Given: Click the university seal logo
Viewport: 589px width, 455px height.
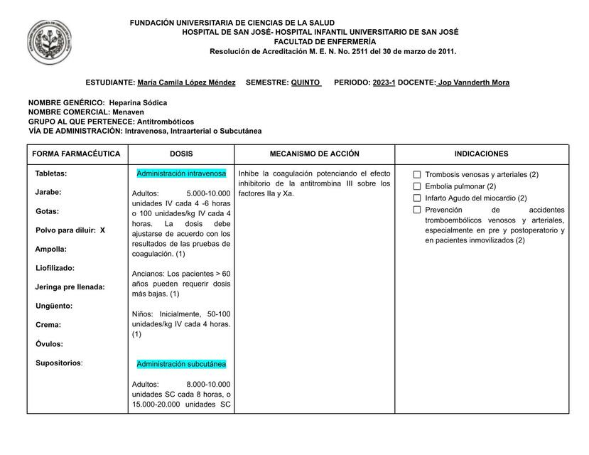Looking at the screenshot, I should tap(49, 43).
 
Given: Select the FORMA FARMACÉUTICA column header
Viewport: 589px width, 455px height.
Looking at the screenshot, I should tap(77, 154).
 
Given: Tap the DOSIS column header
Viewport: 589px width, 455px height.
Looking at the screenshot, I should tap(181, 154).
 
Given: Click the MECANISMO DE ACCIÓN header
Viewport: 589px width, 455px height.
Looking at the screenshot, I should tap(315, 154).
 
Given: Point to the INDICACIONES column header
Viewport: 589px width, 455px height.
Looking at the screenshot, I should tap(482, 154).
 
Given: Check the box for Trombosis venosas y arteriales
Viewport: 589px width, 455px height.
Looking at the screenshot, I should tap(417, 175).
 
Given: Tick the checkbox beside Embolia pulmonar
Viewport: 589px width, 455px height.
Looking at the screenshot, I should tap(417, 186).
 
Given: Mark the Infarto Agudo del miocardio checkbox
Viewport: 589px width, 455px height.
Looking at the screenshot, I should tap(417, 198).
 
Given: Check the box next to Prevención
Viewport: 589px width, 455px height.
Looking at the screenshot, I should tap(417, 210).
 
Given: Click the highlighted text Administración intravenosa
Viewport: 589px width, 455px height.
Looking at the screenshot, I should tap(181, 173).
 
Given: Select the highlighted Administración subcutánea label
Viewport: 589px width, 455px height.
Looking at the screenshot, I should tap(181, 364).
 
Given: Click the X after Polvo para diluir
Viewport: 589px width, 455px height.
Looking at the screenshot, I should tap(102, 230).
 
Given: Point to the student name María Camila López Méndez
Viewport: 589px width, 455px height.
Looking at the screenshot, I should tap(186, 82).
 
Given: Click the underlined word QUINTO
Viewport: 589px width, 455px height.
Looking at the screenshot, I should tap(306, 82).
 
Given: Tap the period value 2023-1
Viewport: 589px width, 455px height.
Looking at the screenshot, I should tap(384, 82).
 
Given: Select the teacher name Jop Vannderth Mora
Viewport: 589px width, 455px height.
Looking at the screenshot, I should tap(473, 82).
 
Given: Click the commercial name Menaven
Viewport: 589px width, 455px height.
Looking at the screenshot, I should tap(128, 112).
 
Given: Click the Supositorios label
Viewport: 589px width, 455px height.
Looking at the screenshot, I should tap(58, 363).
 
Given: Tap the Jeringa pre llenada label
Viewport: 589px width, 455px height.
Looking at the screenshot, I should tap(70, 287).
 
